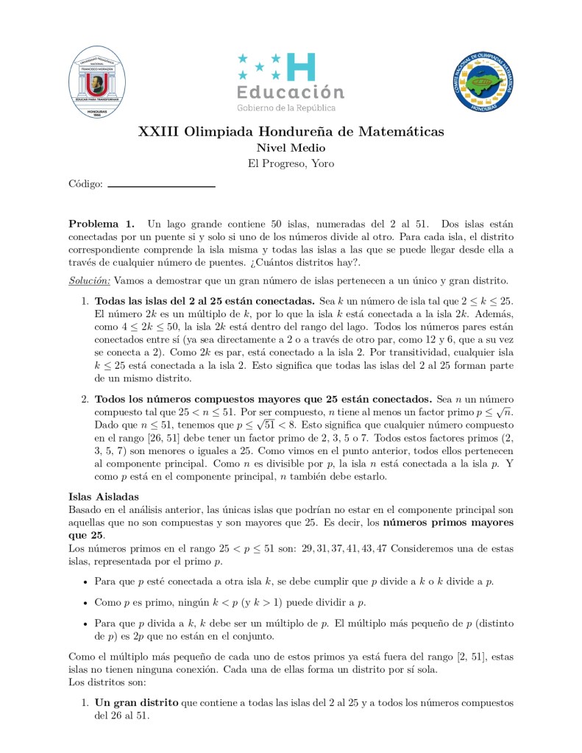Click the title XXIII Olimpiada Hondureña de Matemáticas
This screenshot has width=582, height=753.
click(291, 132)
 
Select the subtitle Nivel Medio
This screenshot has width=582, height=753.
click(291, 148)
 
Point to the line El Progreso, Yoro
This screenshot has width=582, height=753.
click(291, 163)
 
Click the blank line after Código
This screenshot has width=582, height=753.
click(161, 186)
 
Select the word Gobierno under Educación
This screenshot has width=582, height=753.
click(254, 108)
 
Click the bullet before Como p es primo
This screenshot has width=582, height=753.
click(87, 603)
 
